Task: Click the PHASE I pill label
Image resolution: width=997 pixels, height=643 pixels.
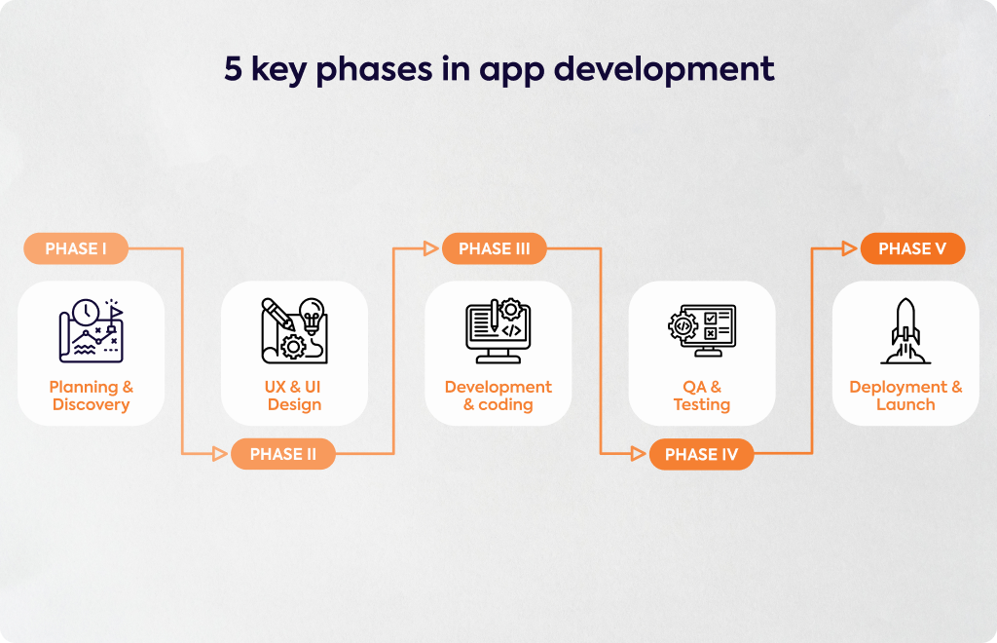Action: pos(76,248)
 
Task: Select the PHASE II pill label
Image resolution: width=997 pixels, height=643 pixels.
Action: pos(283,454)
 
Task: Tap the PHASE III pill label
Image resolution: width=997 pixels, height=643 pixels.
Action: pos(494,248)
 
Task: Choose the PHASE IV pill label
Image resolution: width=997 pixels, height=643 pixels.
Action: pos(701,454)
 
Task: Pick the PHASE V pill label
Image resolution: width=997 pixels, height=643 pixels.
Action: pos(912,248)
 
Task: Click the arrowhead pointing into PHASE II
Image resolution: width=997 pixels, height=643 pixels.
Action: pos(220,453)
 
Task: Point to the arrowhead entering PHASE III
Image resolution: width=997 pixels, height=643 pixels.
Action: pos(431,248)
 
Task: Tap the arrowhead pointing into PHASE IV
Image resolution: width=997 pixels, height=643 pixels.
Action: pos(639,453)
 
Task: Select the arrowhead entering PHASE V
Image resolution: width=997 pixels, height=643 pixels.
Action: pos(849,248)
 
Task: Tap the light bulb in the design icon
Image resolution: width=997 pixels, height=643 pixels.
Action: pos(312,315)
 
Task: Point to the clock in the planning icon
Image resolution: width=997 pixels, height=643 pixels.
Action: pos(86,313)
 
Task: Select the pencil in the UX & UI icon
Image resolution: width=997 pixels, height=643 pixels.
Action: pos(277,314)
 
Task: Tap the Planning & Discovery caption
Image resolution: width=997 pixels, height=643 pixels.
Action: pos(91,396)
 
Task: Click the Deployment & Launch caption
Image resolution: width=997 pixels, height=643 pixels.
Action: pos(905,396)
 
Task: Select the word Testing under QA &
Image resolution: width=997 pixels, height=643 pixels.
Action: pos(702,405)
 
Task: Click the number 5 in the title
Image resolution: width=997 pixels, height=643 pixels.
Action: pos(234,69)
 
